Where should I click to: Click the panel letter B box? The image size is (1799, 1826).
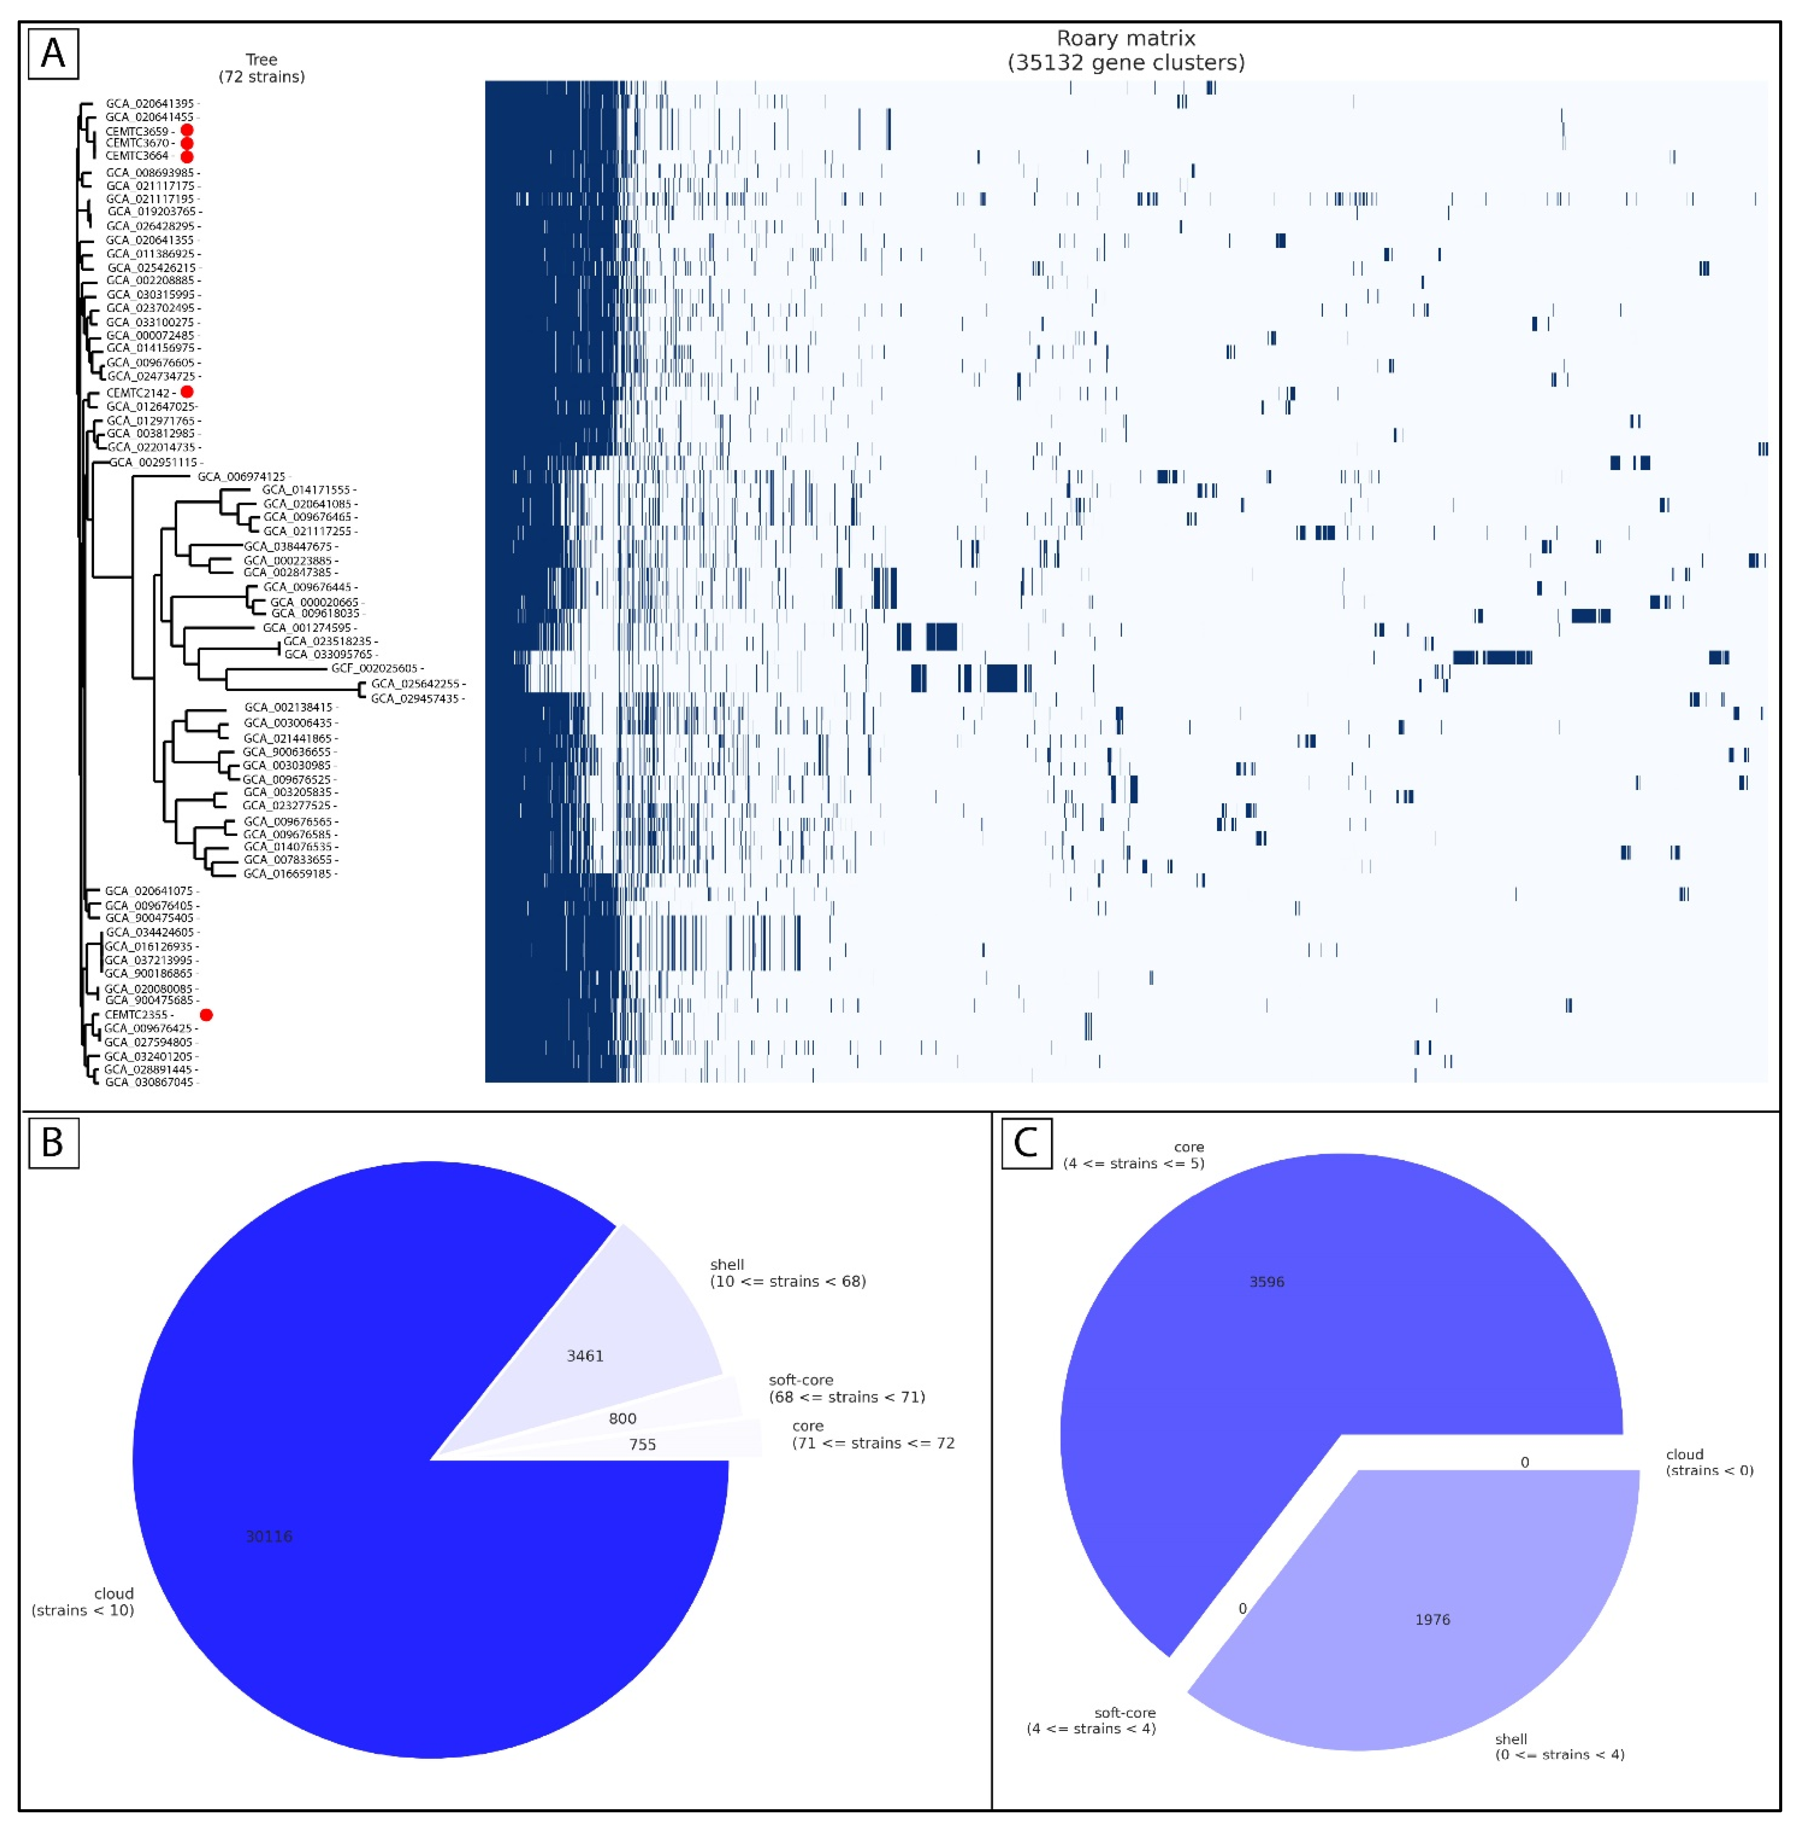[53, 1143]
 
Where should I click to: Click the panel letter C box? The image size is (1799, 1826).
[1026, 1143]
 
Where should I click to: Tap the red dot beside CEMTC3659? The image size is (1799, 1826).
[187, 130]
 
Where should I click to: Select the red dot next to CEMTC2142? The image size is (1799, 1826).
[187, 391]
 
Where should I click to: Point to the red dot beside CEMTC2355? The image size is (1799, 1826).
[206, 1014]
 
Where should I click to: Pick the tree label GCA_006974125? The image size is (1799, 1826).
[241, 476]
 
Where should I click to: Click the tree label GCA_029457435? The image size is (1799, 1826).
[414, 699]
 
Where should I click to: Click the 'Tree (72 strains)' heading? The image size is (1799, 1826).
[262, 68]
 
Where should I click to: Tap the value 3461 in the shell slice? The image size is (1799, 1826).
[585, 1355]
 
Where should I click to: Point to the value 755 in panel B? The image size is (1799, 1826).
[642, 1444]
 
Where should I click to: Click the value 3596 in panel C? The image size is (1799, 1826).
[1266, 1282]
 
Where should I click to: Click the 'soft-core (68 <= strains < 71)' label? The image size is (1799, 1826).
[847, 1389]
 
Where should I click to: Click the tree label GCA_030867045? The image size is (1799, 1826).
[148, 1082]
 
